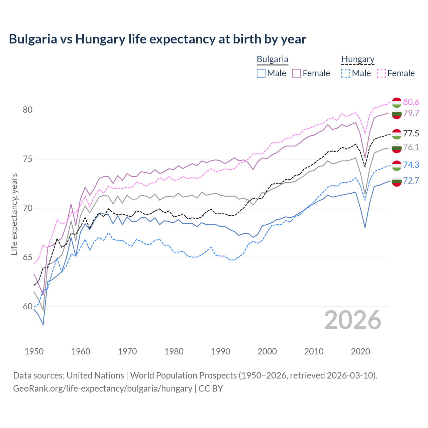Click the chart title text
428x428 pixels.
click(x=157, y=39)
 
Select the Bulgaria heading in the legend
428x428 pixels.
click(x=272, y=59)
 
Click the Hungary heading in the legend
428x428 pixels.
click(x=358, y=59)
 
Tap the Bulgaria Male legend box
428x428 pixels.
click(x=261, y=73)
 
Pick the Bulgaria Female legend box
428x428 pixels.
click(x=297, y=73)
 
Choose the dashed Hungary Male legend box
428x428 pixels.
click(x=346, y=73)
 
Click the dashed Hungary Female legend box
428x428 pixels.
click(x=382, y=73)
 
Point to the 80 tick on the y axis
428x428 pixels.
click(x=28, y=110)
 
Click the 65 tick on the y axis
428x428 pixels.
click(x=28, y=257)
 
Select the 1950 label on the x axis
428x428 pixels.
click(x=34, y=351)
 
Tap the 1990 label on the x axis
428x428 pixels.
click(x=221, y=351)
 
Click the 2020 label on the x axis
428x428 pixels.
click(x=360, y=351)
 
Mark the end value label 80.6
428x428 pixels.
click(x=411, y=102)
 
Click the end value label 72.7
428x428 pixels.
click(x=411, y=181)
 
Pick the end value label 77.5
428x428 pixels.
click(x=411, y=134)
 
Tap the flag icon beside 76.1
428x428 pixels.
click(x=397, y=148)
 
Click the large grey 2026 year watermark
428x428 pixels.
click(x=352, y=320)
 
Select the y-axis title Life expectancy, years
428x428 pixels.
click(x=14, y=214)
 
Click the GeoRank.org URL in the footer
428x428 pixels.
click(x=102, y=389)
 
